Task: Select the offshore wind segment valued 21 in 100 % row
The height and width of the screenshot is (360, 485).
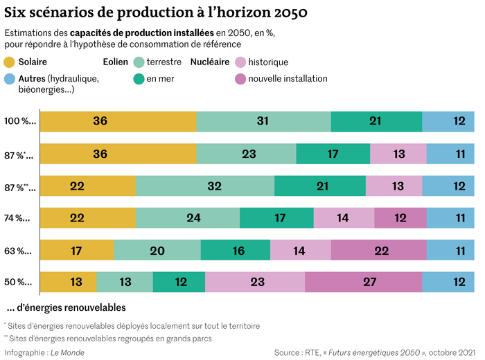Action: (x=376, y=120)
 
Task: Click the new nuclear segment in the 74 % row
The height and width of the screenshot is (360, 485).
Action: (x=400, y=217)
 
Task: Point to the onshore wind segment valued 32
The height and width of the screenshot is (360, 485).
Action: (x=205, y=186)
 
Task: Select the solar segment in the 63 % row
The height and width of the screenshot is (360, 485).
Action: (x=77, y=250)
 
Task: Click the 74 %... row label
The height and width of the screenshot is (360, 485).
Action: (x=19, y=218)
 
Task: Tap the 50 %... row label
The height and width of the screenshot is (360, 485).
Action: (x=19, y=282)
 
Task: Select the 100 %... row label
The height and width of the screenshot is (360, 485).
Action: (x=20, y=121)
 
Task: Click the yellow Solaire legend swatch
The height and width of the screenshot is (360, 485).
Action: (x=10, y=62)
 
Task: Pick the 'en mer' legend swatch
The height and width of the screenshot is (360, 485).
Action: (x=139, y=78)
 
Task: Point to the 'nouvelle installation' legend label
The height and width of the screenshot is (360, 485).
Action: (x=288, y=78)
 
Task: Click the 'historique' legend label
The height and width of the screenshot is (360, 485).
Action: (x=268, y=62)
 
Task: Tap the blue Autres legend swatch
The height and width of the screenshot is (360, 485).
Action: (x=10, y=78)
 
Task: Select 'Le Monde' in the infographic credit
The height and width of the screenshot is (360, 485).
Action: (x=68, y=352)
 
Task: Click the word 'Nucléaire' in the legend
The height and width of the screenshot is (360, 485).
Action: (x=209, y=62)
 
